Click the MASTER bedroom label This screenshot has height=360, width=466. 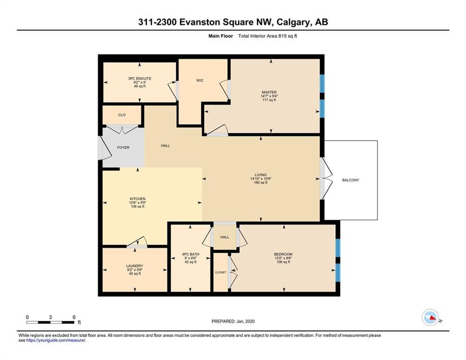pyautogui.click(x=269, y=92)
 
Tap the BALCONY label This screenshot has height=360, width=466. pyautogui.click(x=351, y=180)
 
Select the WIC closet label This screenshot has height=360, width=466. pyautogui.click(x=200, y=80)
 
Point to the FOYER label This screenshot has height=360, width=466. pyautogui.click(x=123, y=148)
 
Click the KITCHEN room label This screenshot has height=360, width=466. pyautogui.click(x=138, y=199)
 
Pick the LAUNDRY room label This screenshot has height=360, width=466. pyautogui.click(x=134, y=266)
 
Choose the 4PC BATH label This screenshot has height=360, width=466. pyautogui.click(x=191, y=255)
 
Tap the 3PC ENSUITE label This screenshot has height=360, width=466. pyautogui.click(x=140, y=79)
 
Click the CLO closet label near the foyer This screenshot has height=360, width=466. pyautogui.click(x=122, y=115)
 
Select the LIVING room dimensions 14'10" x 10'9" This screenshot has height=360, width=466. pyautogui.click(x=261, y=179)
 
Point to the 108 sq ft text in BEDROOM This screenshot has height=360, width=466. pyautogui.click(x=283, y=262)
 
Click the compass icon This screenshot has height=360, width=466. pyautogui.click(x=430, y=317)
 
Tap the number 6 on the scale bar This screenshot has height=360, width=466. pyautogui.click(x=74, y=317)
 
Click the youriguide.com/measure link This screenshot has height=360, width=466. pyautogui.click(x=56, y=340)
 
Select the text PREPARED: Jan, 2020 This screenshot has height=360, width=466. pyautogui.click(x=233, y=321)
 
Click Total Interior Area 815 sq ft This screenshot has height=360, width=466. pyautogui.click(x=267, y=36)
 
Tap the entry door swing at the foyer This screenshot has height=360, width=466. pyautogui.click(x=105, y=148)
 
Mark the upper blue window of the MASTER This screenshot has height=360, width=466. pyautogui.click(x=322, y=83)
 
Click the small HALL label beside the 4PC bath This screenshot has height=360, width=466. pyautogui.click(x=225, y=237)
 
